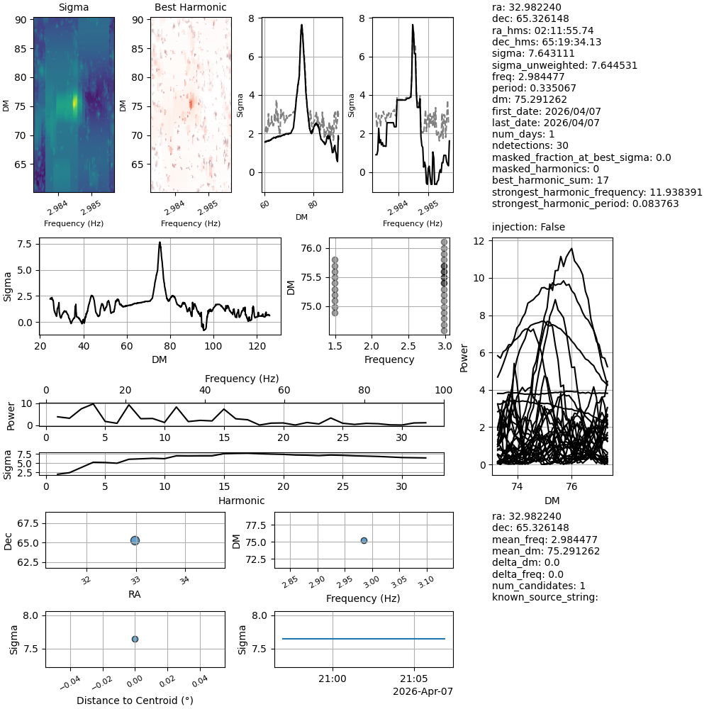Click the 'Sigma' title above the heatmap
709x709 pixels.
[74, 8]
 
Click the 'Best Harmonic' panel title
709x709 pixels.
[191, 8]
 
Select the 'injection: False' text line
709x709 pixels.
[529, 227]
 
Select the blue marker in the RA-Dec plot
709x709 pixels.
[135, 540]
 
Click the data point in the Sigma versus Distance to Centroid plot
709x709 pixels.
[135, 639]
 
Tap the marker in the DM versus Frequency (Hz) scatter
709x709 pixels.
[364, 540]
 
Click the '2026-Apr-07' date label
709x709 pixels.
[423, 691]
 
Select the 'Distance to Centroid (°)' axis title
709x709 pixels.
[135, 700]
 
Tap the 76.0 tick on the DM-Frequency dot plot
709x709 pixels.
[314, 248]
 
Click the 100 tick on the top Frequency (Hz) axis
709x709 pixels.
[444, 391]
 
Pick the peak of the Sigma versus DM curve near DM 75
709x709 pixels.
[160, 242]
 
